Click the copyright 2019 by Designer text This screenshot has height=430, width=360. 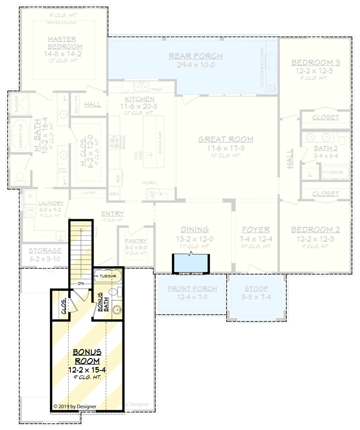75,406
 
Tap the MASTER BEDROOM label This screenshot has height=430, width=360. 61,43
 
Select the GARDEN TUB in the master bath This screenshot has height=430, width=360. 19,136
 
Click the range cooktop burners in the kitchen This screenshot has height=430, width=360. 114,143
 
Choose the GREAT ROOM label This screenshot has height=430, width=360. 226,139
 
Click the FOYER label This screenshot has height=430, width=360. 255,230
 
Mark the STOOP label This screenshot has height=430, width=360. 256,288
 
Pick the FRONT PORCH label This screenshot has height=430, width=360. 192,289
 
